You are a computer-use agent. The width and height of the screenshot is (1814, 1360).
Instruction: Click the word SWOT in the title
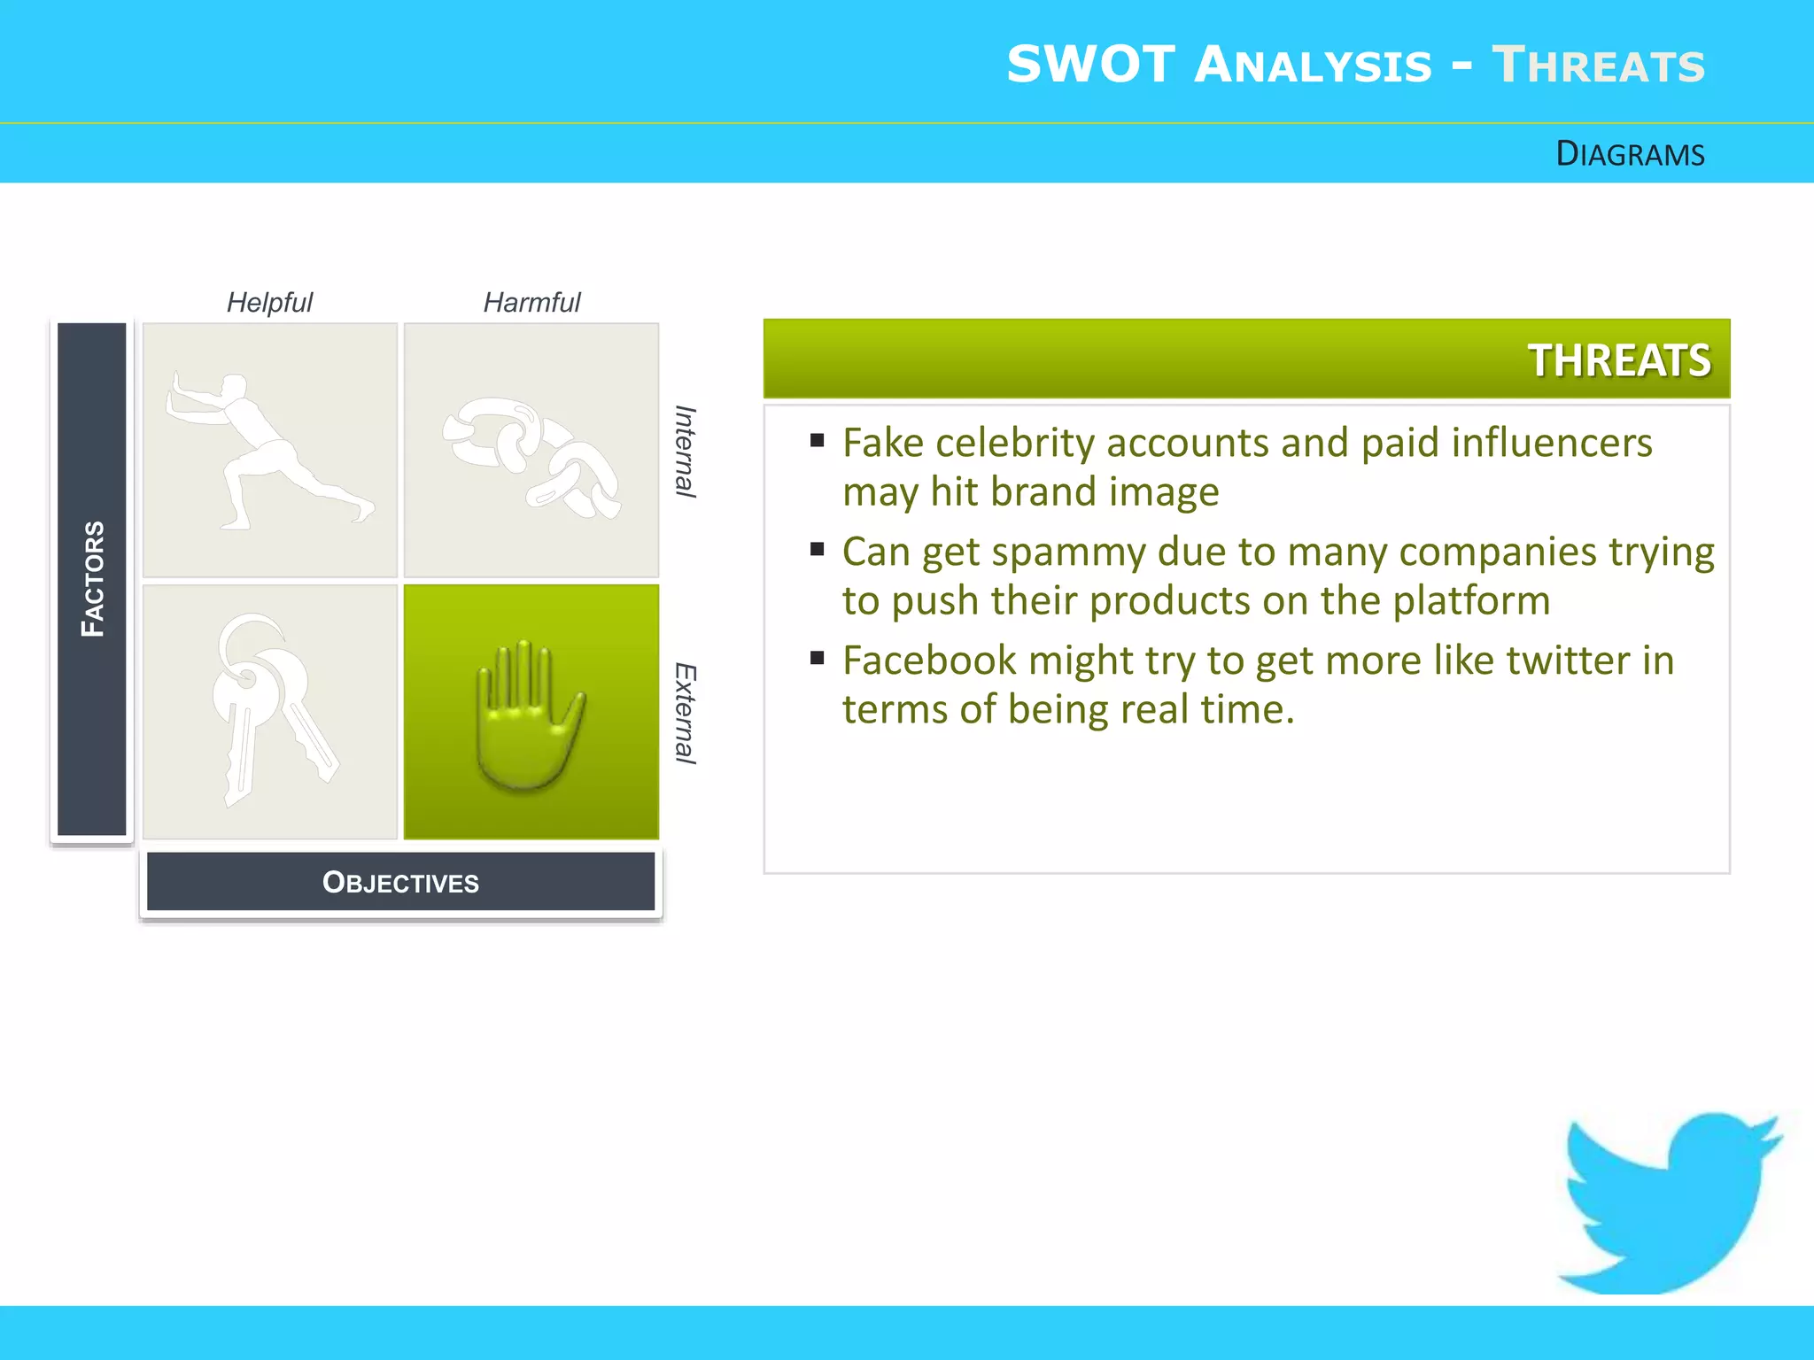pyautogui.click(x=1090, y=66)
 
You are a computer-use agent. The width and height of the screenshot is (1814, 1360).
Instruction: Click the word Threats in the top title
pyautogui.click(x=1598, y=66)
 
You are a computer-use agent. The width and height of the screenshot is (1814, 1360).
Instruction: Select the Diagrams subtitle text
pyautogui.click(x=1630, y=154)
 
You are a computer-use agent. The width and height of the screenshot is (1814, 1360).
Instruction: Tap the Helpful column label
pyautogui.click(x=269, y=303)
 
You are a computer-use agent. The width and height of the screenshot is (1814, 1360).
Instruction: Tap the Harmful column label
pyautogui.click(x=531, y=303)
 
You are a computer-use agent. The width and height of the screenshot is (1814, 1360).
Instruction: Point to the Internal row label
pyautogui.click(x=685, y=452)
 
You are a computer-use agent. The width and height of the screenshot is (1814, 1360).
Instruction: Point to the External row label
pyautogui.click(x=685, y=713)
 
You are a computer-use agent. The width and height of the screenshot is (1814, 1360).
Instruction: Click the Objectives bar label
pyautogui.click(x=400, y=882)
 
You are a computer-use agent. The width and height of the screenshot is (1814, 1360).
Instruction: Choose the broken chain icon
pyautogui.click(x=531, y=456)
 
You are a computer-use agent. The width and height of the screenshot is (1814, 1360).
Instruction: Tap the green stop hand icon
pyautogui.click(x=530, y=714)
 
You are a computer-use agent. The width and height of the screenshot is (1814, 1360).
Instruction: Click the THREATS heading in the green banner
pyautogui.click(x=1619, y=360)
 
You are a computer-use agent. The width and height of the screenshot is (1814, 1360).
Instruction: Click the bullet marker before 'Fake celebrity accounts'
pyautogui.click(x=817, y=440)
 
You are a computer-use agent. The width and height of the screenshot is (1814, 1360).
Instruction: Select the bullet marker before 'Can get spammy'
pyautogui.click(x=817, y=550)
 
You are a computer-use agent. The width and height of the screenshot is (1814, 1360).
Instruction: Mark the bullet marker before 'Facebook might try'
pyautogui.click(x=817, y=658)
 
